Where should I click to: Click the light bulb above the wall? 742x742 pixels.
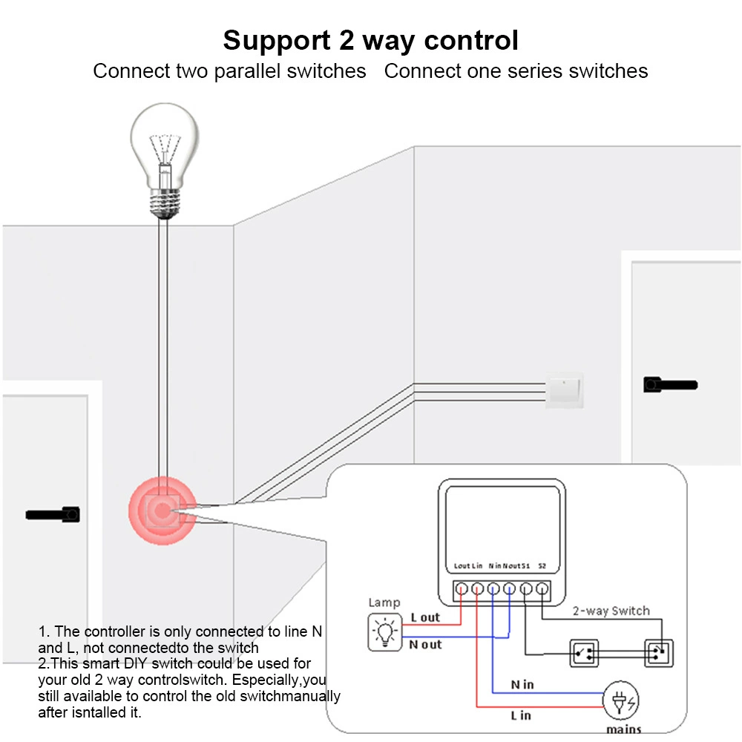164,161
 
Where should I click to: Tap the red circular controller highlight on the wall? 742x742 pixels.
162,510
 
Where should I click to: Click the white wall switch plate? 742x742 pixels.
564,390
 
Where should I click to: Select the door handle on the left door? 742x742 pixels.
53,514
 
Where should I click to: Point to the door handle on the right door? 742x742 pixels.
670,384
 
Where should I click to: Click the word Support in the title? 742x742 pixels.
277,41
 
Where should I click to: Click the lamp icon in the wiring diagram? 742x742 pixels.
384,631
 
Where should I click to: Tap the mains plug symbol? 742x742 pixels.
621,700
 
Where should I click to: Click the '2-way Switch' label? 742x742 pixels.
611,611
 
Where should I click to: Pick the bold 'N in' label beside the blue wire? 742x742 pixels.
522,684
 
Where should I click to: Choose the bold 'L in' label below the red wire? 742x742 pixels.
521,715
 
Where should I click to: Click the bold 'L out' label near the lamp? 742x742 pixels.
425,617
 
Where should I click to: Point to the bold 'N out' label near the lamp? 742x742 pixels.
425,644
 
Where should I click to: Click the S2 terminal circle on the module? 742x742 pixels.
542,588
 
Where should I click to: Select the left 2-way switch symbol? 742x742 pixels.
584,654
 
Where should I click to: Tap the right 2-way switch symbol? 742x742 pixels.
659,654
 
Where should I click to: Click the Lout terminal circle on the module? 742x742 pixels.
462,588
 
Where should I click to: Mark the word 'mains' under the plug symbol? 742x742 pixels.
624,729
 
